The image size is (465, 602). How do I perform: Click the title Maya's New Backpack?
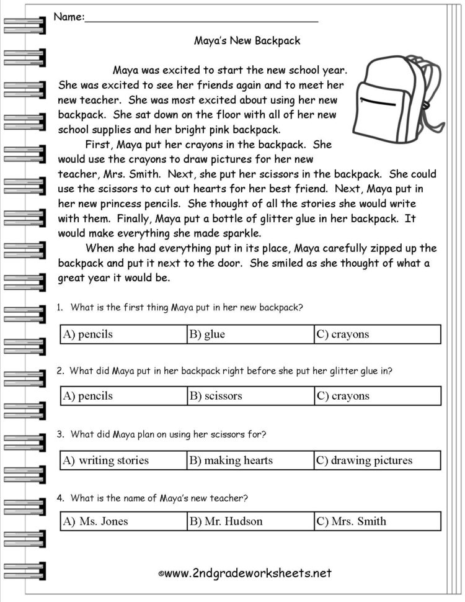click(247, 41)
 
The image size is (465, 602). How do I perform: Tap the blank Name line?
click(201, 18)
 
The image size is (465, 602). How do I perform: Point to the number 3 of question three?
click(60, 434)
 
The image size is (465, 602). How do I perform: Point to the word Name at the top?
click(68, 17)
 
